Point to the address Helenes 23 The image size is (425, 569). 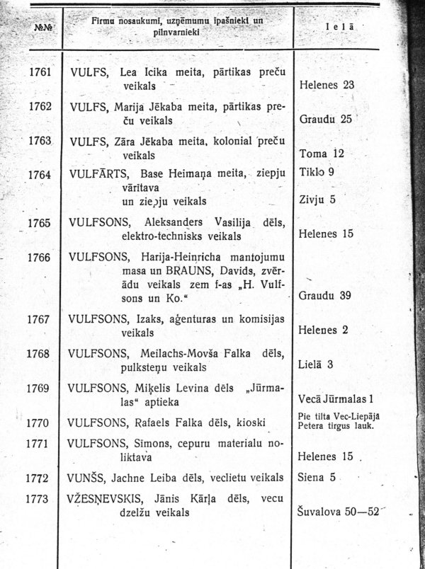327,85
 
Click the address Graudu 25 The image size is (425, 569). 326,119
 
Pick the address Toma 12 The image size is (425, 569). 322,153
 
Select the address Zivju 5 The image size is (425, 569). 317,200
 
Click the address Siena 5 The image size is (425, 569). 317,477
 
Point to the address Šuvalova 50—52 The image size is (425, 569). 338,511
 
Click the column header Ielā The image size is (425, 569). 340,27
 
